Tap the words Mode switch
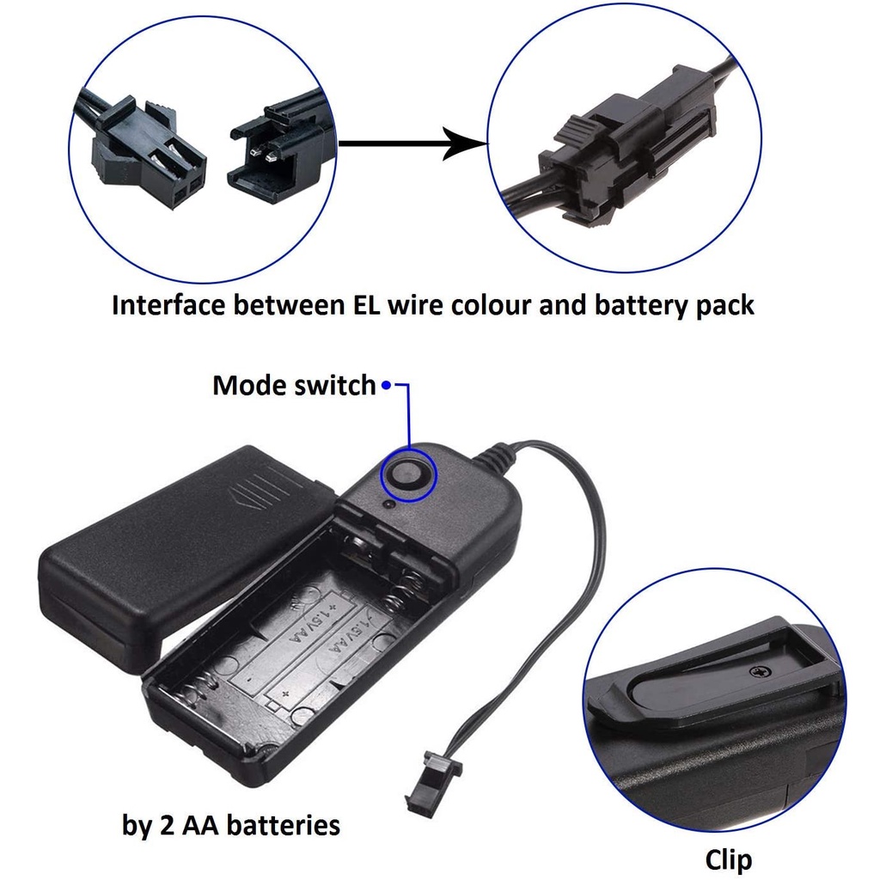(x=294, y=385)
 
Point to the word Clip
(x=728, y=859)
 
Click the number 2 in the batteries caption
(x=167, y=826)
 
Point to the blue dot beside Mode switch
(x=387, y=385)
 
